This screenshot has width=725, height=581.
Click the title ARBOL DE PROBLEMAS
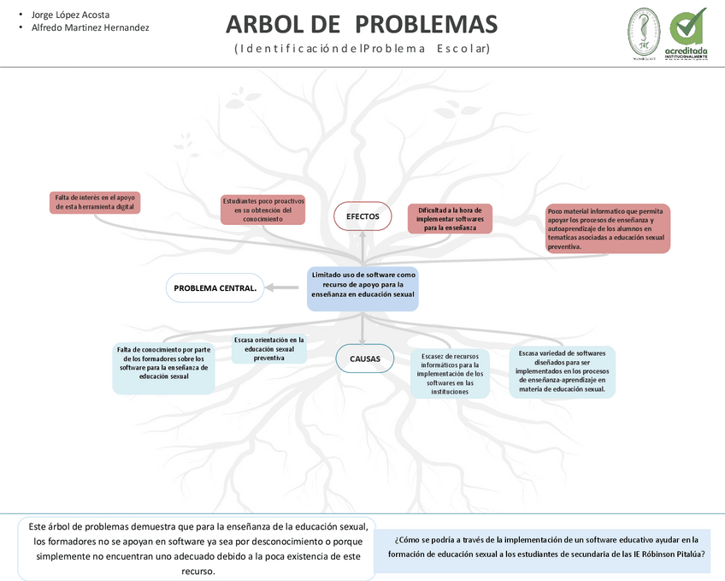point(362,24)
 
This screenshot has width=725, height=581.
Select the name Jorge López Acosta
point(70,15)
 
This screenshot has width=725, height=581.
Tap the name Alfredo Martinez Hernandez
point(90,27)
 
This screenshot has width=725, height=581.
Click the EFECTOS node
point(362,216)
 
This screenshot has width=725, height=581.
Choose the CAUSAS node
point(365,359)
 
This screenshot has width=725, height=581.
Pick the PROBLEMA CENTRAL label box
point(215,288)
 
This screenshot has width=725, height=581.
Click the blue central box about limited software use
point(362,288)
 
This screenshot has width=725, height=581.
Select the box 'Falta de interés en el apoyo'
point(95,202)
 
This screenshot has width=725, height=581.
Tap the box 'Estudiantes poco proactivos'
point(262,210)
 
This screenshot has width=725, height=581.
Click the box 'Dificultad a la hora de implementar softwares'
point(450,219)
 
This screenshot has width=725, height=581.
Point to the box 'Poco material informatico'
point(608,228)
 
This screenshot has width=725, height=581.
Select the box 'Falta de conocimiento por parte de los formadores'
point(164,367)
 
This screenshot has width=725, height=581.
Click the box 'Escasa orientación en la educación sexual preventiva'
point(269,349)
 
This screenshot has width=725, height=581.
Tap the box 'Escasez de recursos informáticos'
point(451,373)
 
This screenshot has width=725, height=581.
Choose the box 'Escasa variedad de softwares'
point(562,371)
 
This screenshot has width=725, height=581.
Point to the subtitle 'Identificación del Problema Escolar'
point(362,49)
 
